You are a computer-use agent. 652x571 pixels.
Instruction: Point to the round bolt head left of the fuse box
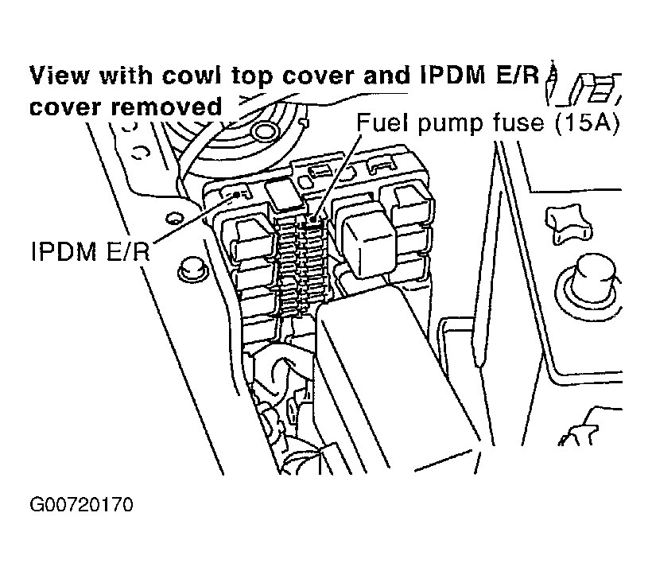point(188,266)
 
